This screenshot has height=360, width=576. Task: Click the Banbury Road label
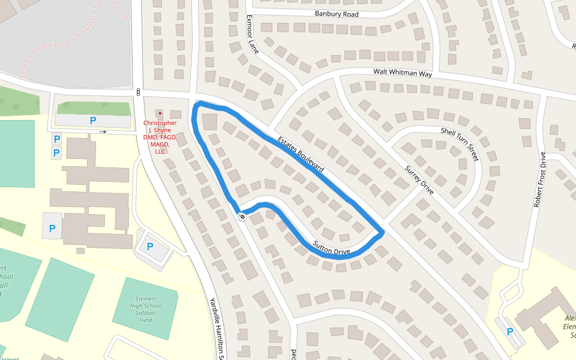(x=336, y=14)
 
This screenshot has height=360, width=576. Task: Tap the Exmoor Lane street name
(x=252, y=34)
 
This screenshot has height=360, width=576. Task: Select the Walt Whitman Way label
(x=403, y=73)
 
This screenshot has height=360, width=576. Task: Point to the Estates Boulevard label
(x=301, y=154)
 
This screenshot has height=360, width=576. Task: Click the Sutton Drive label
(x=331, y=247)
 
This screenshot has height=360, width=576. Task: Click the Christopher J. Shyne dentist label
(x=160, y=137)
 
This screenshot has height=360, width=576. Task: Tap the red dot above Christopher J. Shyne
(x=160, y=113)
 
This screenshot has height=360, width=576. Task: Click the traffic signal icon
(x=139, y=92)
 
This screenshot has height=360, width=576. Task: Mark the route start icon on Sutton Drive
(x=242, y=216)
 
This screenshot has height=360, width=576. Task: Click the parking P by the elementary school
(x=509, y=331)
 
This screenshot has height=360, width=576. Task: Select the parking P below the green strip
(x=93, y=121)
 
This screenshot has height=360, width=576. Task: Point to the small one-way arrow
(x=103, y=131)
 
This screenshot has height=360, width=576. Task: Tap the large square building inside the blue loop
(x=211, y=122)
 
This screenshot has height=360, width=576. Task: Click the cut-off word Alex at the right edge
(x=569, y=319)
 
